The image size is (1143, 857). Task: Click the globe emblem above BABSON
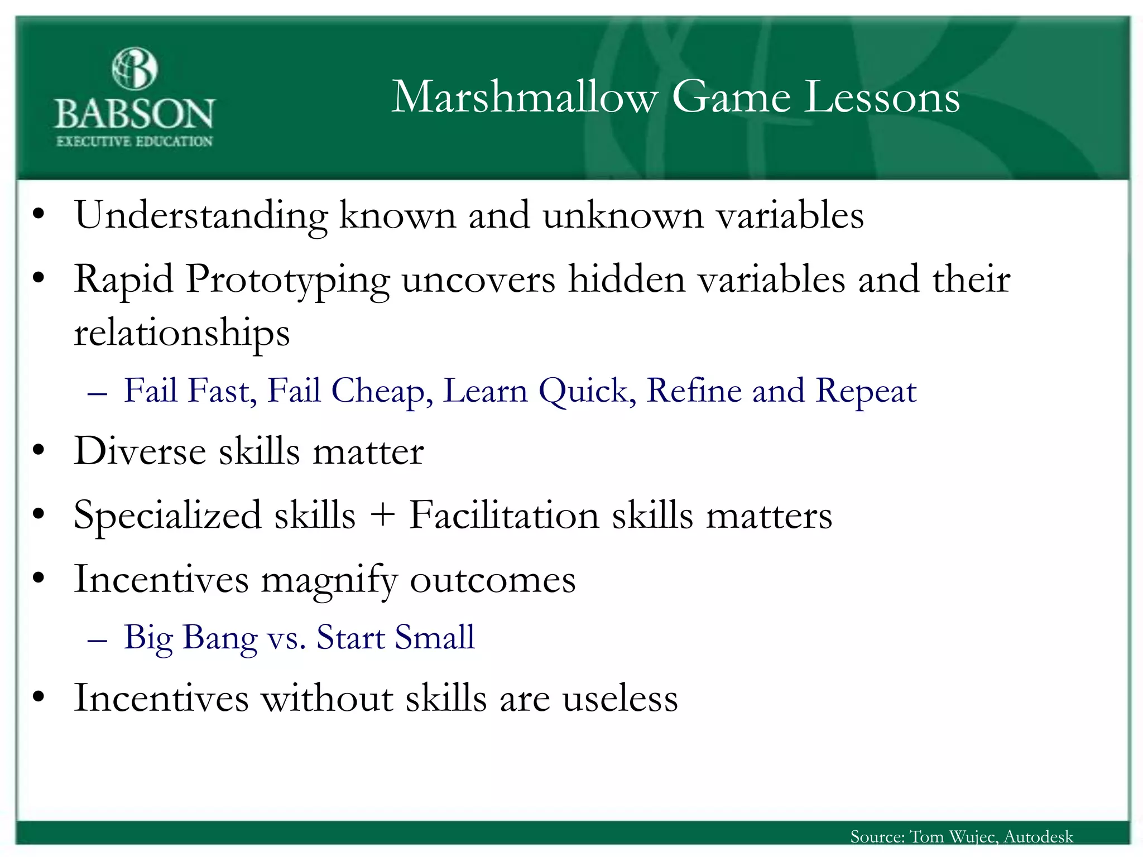tap(135, 69)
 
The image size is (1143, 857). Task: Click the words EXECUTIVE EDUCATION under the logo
tap(135, 141)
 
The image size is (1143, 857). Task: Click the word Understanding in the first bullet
tap(201, 216)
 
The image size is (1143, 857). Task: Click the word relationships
tap(182, 333)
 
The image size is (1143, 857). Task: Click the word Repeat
tap(866, 390)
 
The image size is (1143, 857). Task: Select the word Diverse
tap(140, 451)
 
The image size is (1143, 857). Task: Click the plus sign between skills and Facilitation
tap(382, 515)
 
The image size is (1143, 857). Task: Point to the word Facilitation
tap(504, 514)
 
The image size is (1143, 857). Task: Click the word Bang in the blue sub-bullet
tap(220, 638)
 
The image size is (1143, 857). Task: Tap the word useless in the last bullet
tap(620, 698)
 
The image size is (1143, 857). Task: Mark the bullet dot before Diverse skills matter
tap(38, 451)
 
